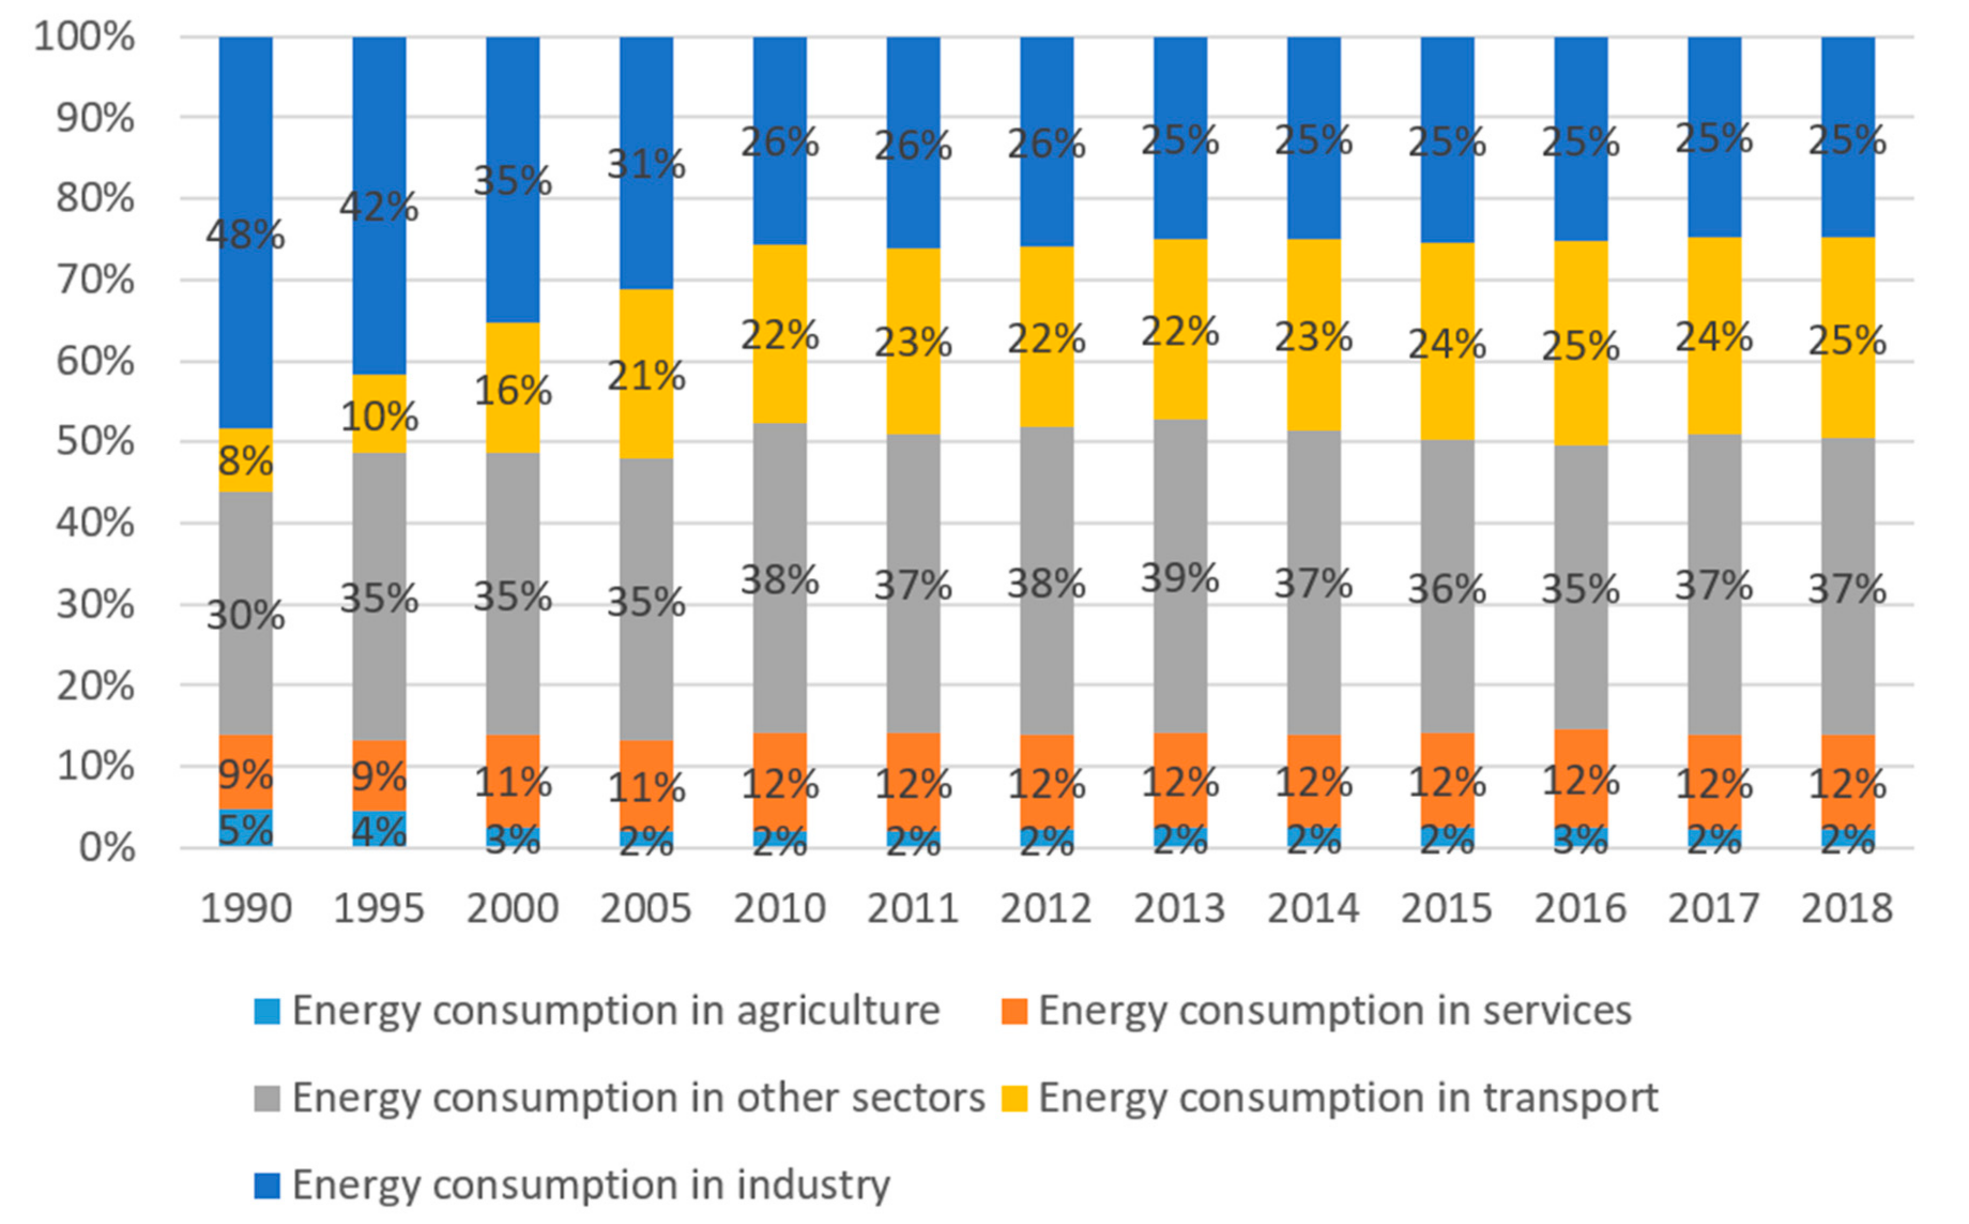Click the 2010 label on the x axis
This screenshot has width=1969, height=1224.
779,908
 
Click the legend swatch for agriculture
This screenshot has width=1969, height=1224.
266,1011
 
